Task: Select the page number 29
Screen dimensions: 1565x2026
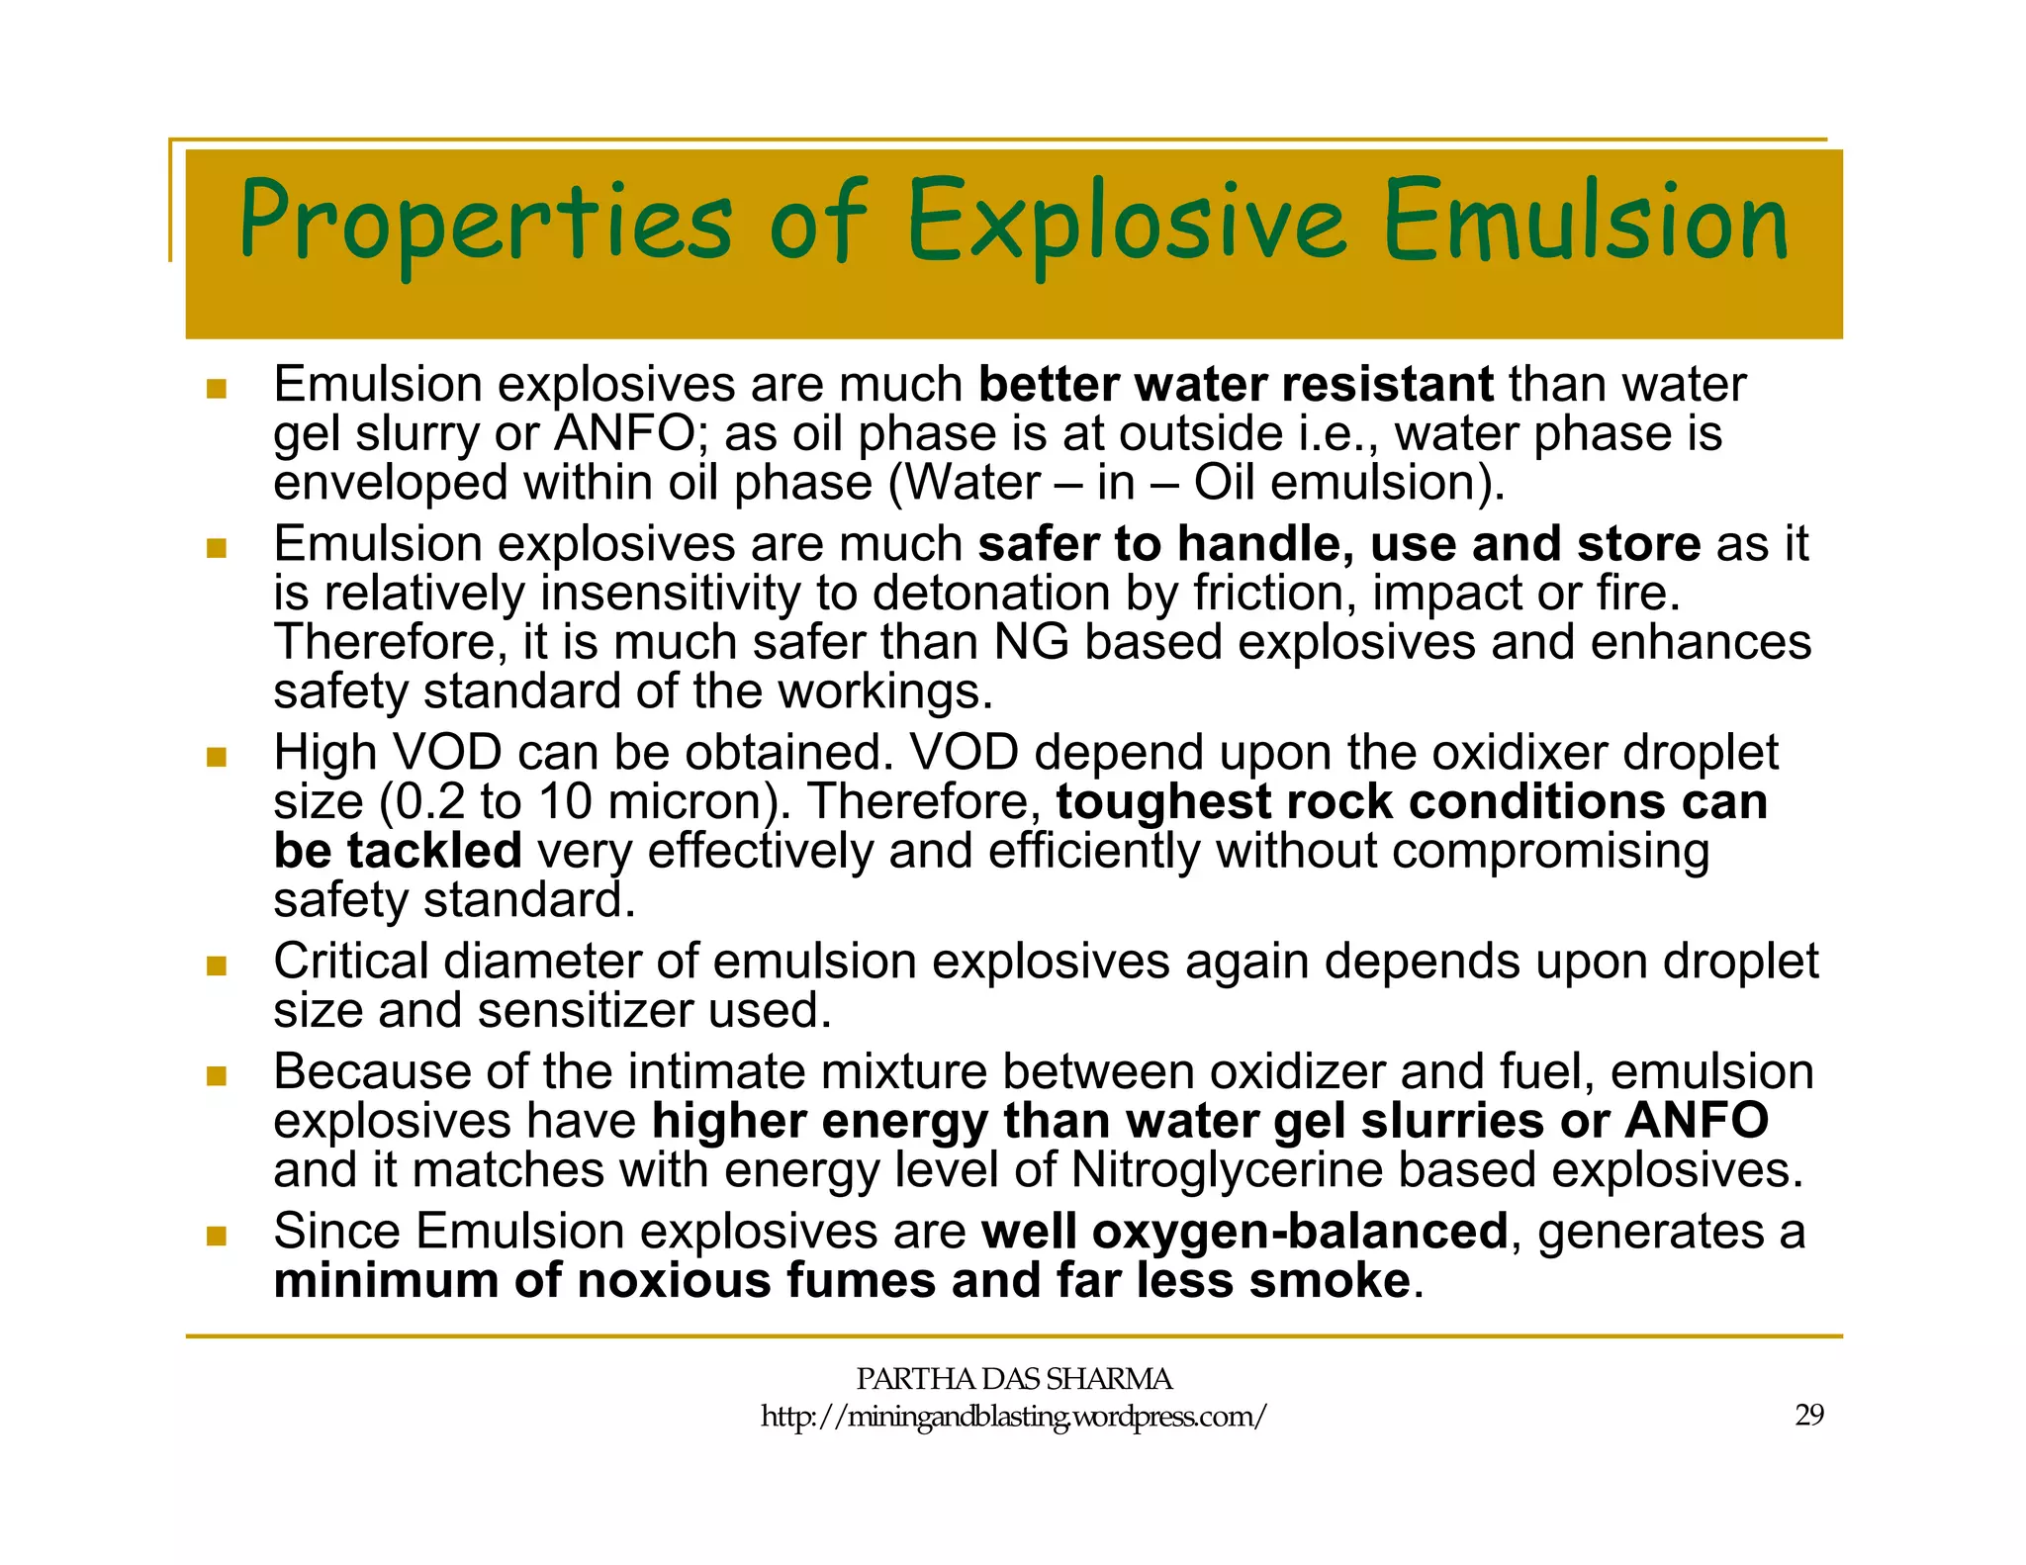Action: point(1809,1415)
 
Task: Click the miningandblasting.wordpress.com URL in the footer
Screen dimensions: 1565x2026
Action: point(1013,1417)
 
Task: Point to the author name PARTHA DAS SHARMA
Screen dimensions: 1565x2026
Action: point(1014,1378)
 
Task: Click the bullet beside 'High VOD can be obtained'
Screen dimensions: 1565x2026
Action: point(217,758)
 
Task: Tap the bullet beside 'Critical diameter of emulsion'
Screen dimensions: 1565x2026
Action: point(217,966)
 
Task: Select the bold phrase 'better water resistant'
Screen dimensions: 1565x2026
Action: point(1236,384)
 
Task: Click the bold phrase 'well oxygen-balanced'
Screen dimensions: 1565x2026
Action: point(1244,1232)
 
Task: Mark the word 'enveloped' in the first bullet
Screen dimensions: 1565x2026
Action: point(391,484)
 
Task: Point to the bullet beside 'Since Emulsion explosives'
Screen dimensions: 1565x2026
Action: point(217,1236)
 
